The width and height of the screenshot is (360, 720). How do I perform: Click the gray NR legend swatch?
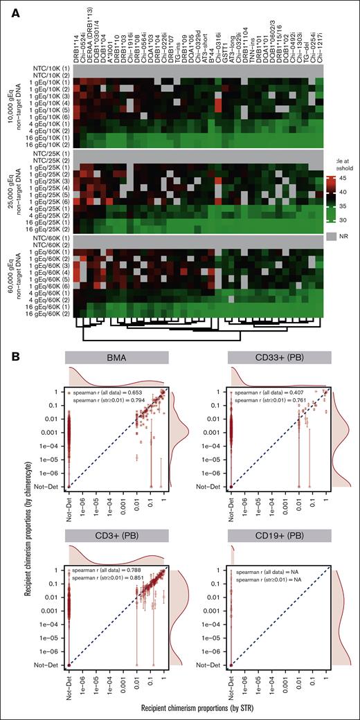click(x=332, y=236)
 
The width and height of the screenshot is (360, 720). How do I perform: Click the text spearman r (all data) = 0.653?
click(x=109, y=391)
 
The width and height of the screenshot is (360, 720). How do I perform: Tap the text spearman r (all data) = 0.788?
click(x=109, y=570)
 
